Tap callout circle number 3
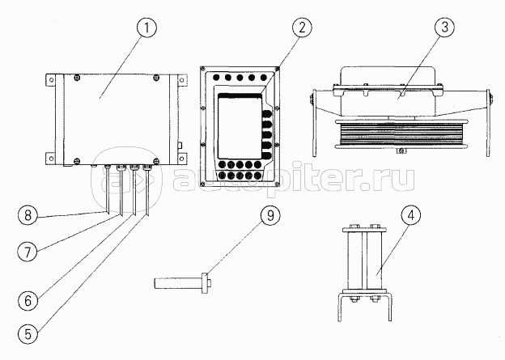pyautogui.click(x=444, y=28)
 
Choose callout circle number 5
pyautogui.click(x=28, y=332)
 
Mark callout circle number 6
pyautogui.click(x=28, y=300)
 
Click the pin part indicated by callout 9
pyautogui.click(x=181, y=283)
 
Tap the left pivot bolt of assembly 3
pyautogui.click(x=312, y=102)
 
